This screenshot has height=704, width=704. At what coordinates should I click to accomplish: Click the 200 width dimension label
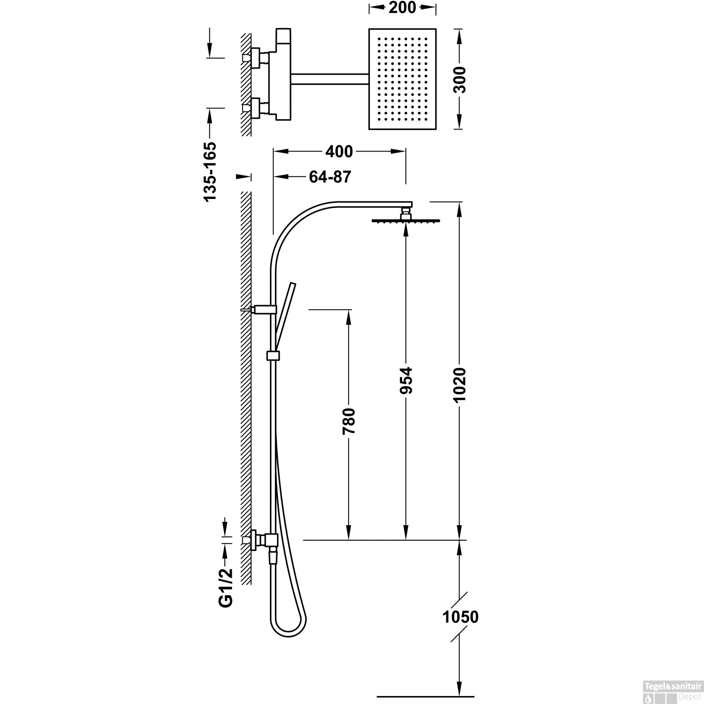403,8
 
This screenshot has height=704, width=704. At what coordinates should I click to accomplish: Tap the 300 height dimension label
460,80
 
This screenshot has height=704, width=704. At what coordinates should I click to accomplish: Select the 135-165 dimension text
210,172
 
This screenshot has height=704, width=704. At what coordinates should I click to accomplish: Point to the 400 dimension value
338,151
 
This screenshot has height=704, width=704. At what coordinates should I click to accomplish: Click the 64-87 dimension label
330,176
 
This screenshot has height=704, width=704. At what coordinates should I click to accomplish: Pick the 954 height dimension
406,380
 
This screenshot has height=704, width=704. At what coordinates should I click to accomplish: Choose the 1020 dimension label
460,384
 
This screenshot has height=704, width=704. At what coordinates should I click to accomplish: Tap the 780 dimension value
349,422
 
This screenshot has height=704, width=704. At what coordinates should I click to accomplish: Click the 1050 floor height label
460,617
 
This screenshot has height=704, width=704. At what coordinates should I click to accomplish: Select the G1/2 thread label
226,587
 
